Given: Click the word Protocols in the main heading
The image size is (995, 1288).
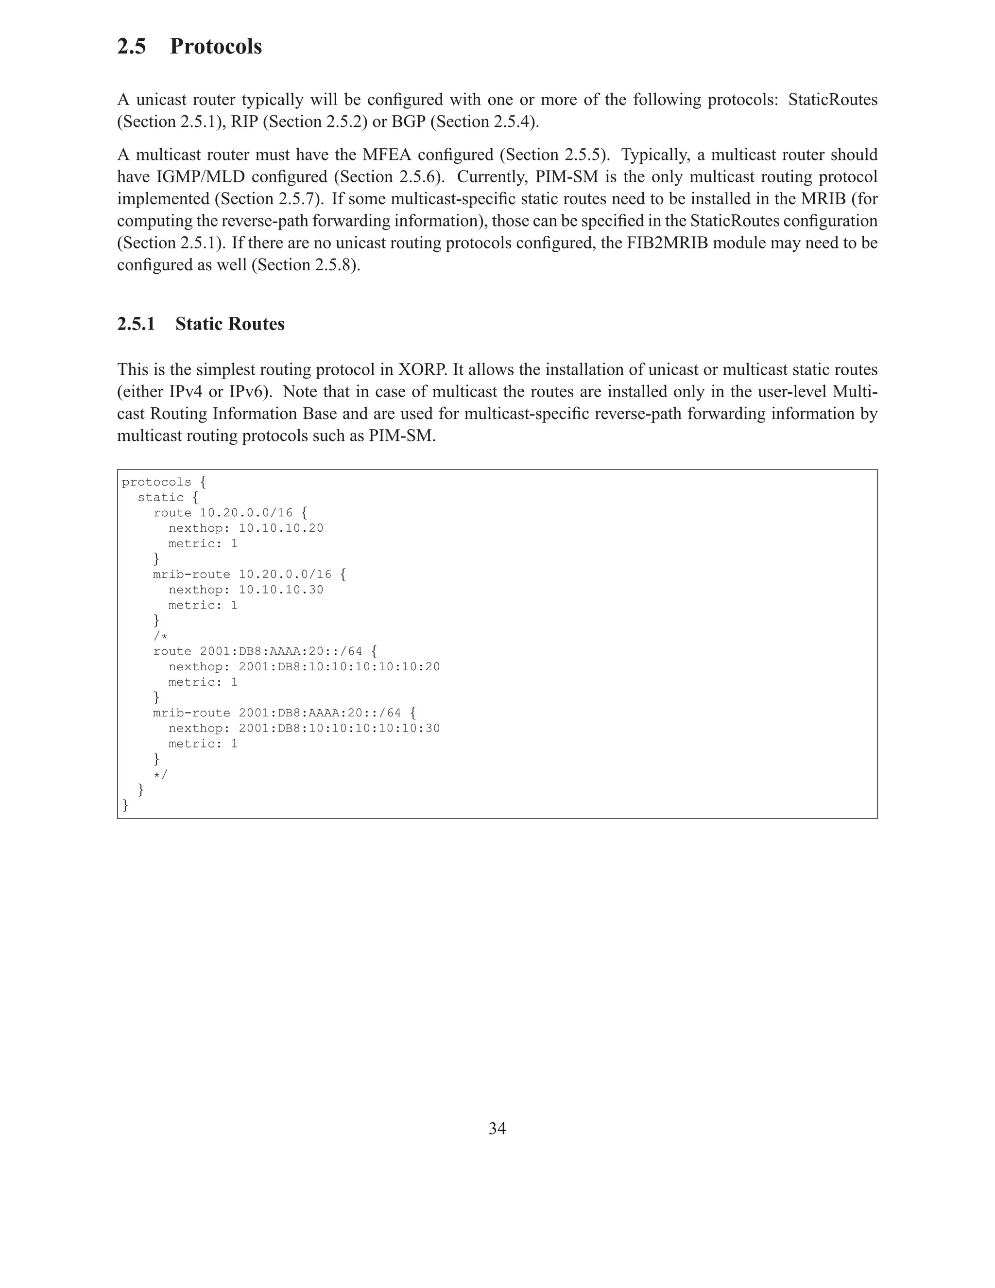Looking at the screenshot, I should coord(216,47).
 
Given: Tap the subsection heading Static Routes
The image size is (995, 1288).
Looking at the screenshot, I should coord(230,324).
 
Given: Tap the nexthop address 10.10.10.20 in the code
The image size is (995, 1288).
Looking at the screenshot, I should coord(281,528).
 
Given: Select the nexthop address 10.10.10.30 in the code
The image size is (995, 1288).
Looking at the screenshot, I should coord(281,590).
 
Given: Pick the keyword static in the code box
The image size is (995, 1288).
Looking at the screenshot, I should coord(160,498).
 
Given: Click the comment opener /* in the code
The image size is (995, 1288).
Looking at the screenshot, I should coord(160,636).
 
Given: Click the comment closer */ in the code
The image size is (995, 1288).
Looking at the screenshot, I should coord(160,774).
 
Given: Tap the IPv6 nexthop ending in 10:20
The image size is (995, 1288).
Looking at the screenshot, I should coord(339,666).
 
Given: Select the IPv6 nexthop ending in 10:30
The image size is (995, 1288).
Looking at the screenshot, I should coord(339,729).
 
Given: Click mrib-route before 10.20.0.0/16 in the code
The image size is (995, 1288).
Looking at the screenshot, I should coord(191,574).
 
